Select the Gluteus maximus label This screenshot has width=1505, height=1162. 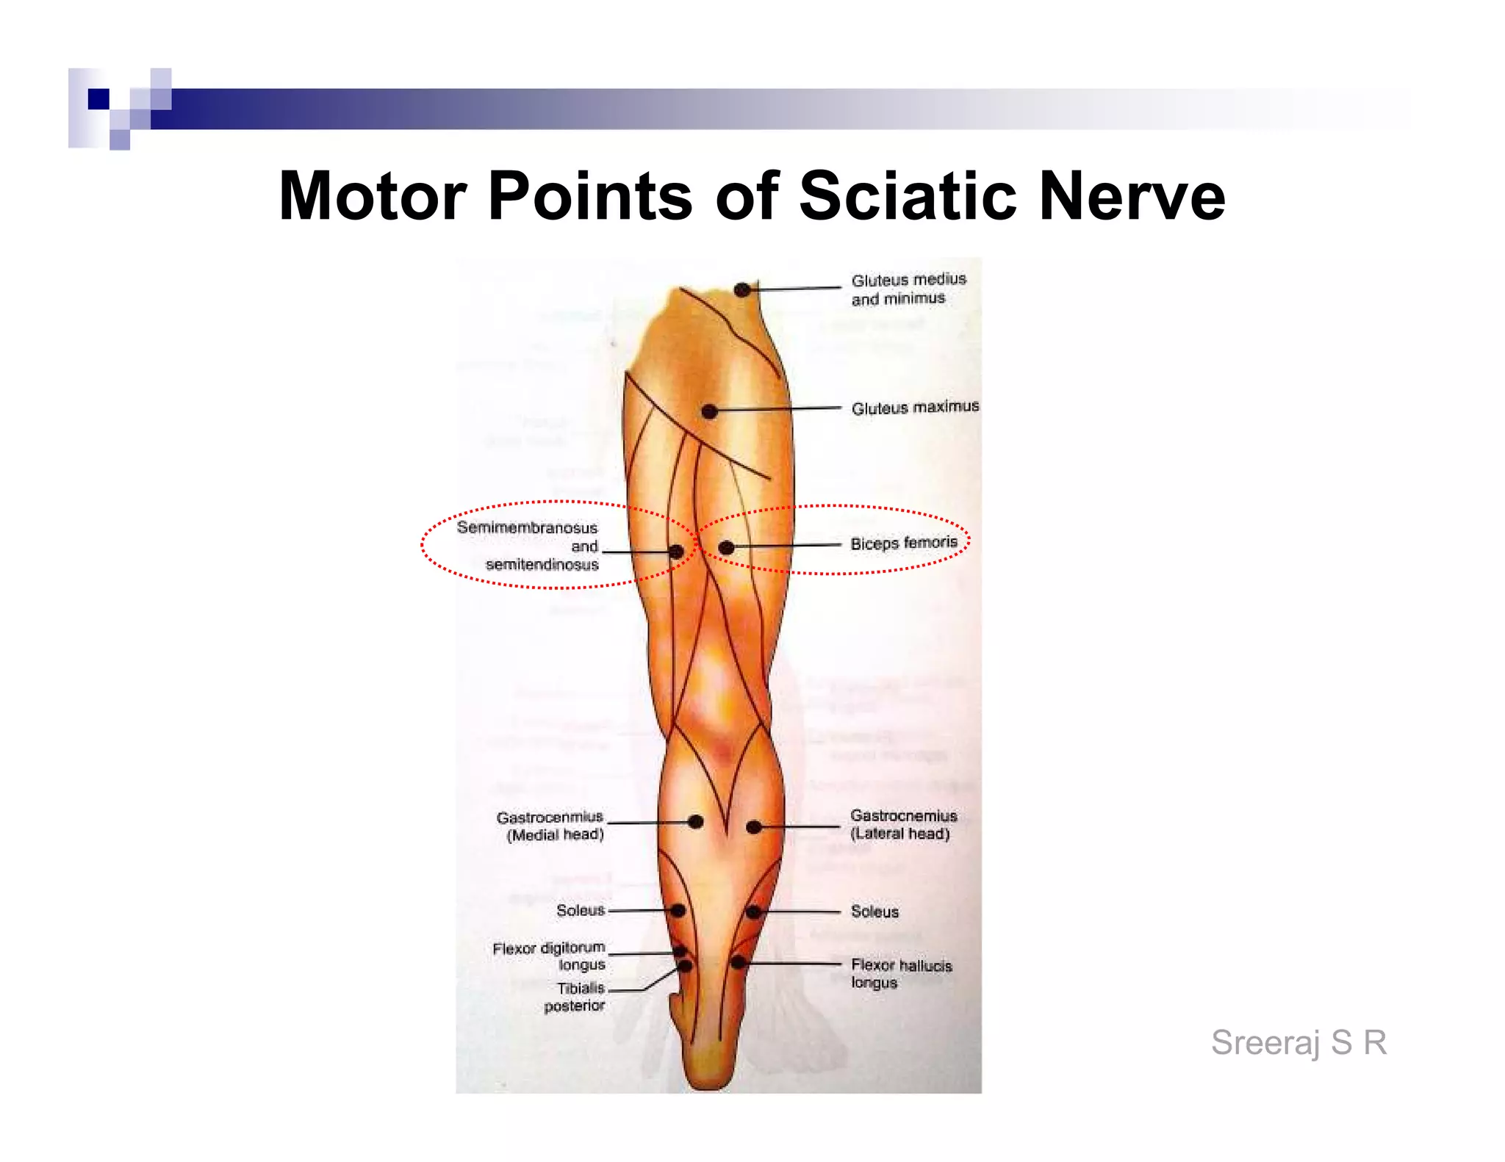(915, 408)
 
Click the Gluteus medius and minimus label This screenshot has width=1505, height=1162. (908, 289)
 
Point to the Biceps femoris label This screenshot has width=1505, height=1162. (904, 544)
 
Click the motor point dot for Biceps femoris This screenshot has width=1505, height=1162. (726, 547)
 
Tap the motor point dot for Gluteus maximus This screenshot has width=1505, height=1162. (709, 411)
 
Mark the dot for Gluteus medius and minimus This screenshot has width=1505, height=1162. (742, 289)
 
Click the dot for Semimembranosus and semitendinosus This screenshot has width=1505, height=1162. (676, 552)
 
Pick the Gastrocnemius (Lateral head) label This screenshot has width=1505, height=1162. (902, 824)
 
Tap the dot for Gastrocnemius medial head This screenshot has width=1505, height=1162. (695, 822)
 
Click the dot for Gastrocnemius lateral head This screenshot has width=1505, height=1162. (753, 827)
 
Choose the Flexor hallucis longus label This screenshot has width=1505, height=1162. (901, 973)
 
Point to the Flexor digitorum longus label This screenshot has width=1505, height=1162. (550, 956)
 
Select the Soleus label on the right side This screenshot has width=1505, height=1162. (874, 912)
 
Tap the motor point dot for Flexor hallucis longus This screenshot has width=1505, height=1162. (738, 962)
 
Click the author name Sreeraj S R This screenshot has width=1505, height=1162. (1299, 1042)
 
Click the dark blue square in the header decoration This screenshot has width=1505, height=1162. (98, 99)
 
